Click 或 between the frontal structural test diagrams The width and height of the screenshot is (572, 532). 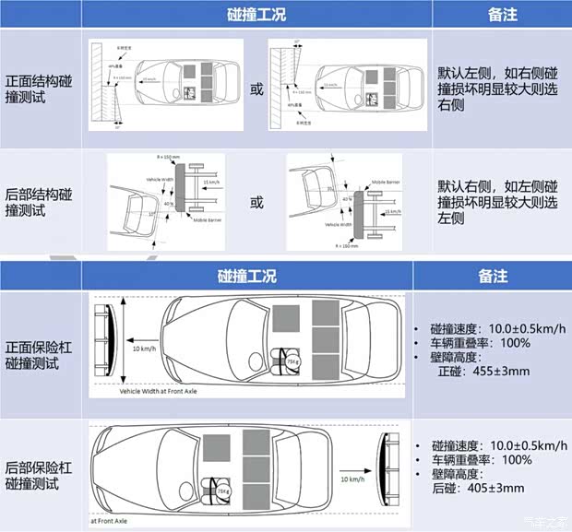[257, 89]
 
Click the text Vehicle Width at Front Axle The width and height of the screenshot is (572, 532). [158, 391]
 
